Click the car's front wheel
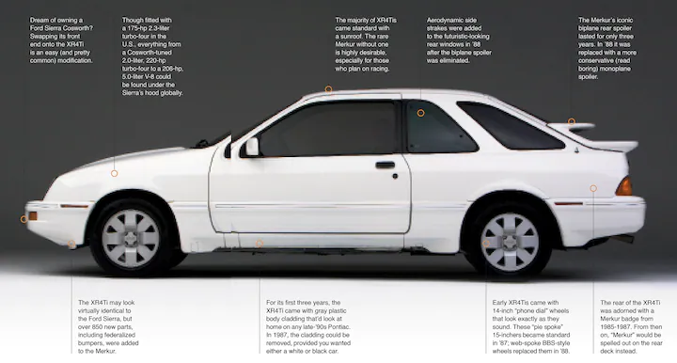132,237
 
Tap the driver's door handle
386,165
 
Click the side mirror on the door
251,147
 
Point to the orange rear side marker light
623,186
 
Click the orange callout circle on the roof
329,89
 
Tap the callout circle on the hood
115,173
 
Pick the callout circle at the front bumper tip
24,219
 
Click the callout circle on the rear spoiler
571,121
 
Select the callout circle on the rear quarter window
420,113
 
